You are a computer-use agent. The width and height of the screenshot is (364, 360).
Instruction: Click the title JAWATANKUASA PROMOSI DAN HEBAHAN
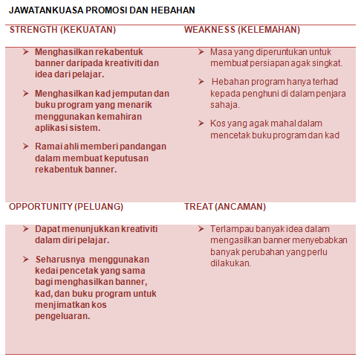point(102,10)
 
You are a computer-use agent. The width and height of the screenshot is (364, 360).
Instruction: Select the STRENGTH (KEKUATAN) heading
point(62,30)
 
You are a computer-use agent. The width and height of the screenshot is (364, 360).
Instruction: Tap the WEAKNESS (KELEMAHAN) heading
point(242,30)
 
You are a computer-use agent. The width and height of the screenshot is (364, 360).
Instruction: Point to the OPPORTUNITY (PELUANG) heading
point(66,206)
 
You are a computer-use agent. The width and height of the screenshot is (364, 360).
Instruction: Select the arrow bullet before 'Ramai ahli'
point(26,146)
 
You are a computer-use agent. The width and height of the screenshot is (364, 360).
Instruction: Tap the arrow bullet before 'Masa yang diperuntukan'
point(202,52)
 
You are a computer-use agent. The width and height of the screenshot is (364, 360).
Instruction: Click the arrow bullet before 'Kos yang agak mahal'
point(202,123)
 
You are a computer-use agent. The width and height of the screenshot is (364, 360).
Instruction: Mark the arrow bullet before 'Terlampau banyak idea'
point(202,228)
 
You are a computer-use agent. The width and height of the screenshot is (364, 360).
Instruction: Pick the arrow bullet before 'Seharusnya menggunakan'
point(26,259)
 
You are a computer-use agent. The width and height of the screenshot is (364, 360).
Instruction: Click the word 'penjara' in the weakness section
point(331,94)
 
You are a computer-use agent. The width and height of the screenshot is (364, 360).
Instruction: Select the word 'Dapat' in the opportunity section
point(47,228)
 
